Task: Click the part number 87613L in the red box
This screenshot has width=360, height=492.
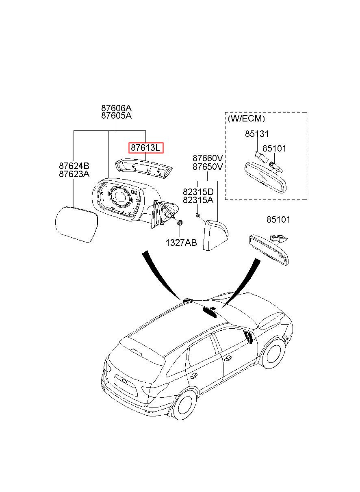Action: click(145, 147)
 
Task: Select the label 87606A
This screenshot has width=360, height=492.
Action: click(117, 108)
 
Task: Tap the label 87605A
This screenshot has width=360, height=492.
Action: click(117, 116)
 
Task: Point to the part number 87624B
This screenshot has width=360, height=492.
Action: click(74, 166)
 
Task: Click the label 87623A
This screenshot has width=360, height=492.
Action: click(74, 174)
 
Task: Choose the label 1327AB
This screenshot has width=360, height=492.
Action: click(181, 243)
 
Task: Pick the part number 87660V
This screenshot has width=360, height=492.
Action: click(208, 158)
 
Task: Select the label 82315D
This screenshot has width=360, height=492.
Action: click(198, 192)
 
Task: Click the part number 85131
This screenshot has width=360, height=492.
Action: click(257, 134)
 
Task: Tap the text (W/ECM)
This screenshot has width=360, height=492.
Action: click(246, 119)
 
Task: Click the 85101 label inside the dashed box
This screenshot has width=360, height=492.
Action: click(274, 149)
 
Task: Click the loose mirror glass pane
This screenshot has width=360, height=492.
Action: click(76, 224)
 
